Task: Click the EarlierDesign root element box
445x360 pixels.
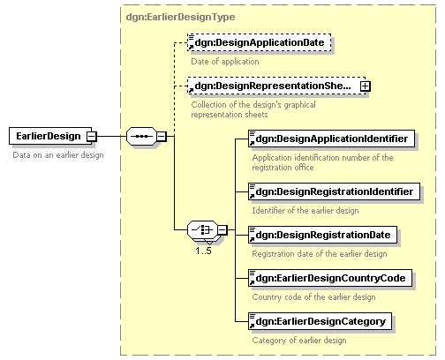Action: click(50, 136)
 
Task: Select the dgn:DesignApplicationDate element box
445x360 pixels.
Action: click(260, 42)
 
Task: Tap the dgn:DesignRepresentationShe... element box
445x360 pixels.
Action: click(276, 86)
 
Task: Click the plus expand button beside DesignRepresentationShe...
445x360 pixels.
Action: click(366, 86)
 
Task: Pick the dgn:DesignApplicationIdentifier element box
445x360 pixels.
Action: click(331, 139)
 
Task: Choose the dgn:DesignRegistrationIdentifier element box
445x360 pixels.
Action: click(334, 191)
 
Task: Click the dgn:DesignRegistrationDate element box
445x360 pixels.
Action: click(322, 235)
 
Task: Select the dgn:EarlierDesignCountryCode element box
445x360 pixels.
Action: click(330, 278)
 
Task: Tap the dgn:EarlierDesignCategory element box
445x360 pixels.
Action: click(320, 321)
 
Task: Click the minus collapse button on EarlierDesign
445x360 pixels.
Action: click(92, 136)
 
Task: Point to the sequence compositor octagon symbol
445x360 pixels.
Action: click(141, 136)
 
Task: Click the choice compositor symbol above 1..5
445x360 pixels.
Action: click(202, 229)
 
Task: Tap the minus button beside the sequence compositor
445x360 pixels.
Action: click(162, 136)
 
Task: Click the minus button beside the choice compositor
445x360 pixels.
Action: click(222, 229)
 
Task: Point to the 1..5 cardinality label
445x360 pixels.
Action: click(204, 251)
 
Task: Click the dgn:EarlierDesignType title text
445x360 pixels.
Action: click(180, 17)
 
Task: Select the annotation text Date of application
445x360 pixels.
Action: click(225, 62)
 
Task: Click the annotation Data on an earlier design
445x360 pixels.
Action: click(58, 155)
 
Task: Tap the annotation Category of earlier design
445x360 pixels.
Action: click(299, 341)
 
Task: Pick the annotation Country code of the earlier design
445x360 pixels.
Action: click(313, 297)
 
